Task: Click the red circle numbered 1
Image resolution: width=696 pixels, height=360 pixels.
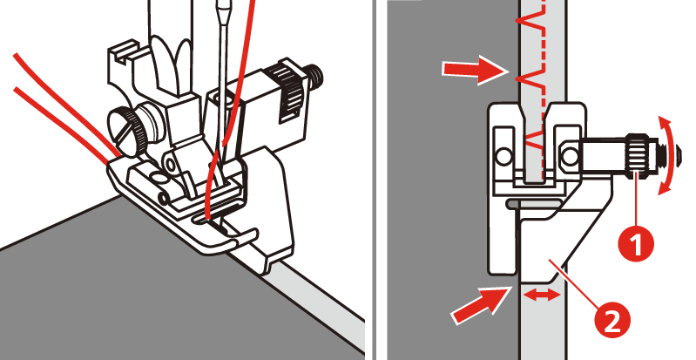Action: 637,243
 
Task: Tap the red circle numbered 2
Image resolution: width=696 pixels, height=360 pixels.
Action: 612,319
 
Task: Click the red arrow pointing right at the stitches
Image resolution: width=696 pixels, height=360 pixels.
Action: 475,70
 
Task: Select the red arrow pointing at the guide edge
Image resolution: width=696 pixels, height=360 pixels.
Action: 479,304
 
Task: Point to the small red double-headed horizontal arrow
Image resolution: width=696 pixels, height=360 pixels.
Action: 542,295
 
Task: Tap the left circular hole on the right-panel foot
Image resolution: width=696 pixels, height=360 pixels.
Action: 503,156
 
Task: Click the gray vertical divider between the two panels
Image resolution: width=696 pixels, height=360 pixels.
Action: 376,180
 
